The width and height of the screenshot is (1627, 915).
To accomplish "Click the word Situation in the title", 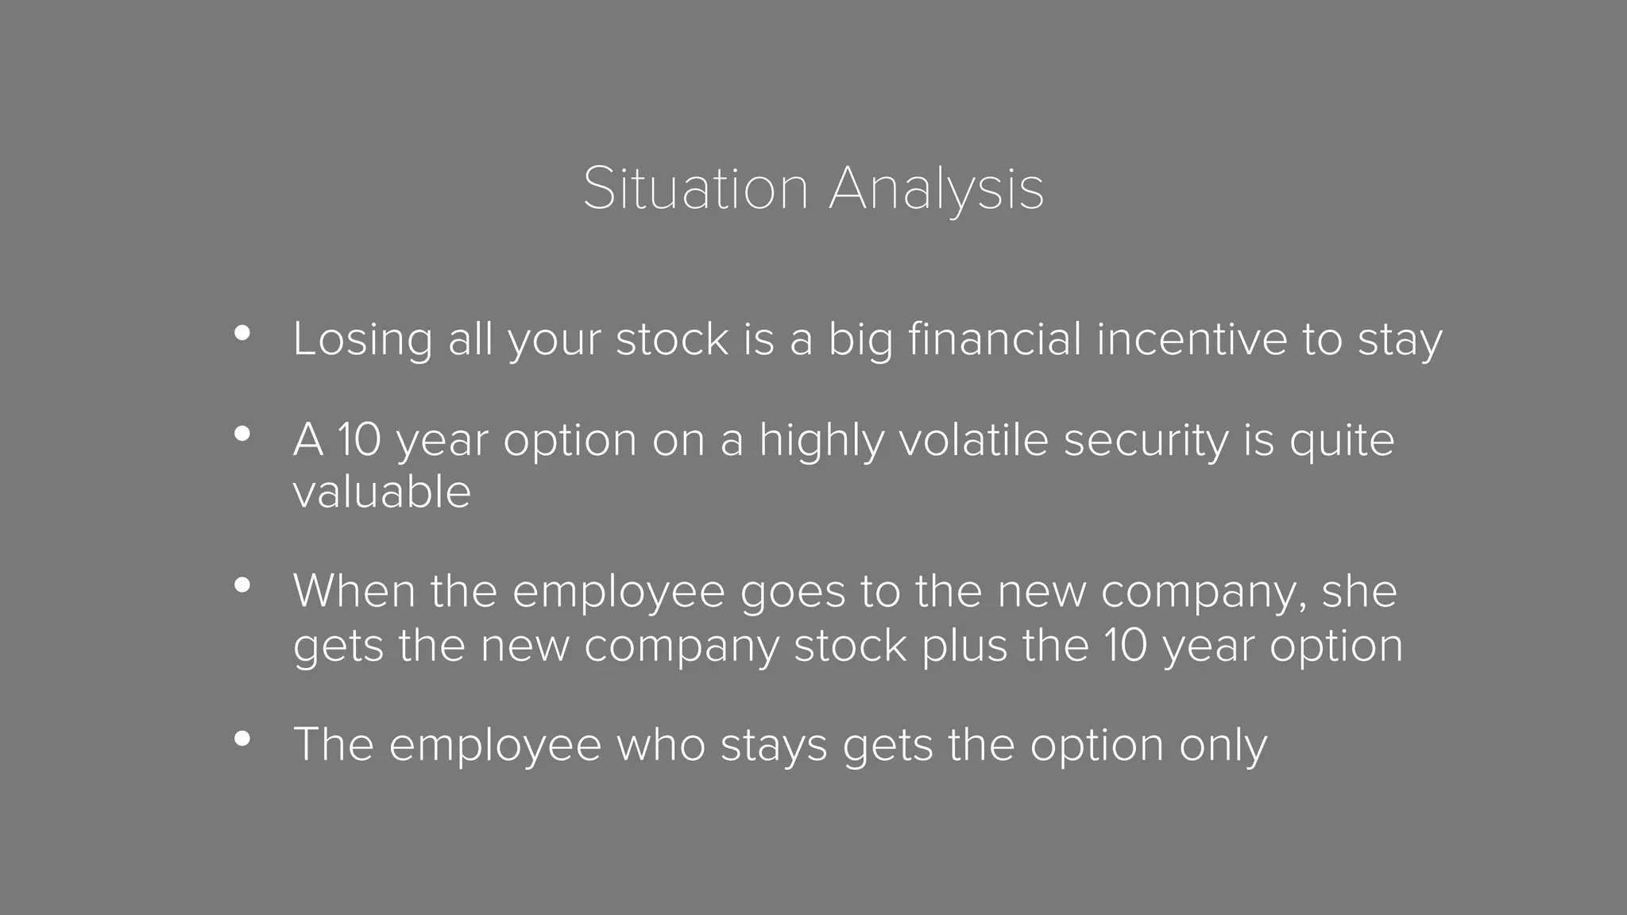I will point(695,189).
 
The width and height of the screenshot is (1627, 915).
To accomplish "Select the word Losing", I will point(362,339).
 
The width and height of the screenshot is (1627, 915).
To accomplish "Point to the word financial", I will point(994,339).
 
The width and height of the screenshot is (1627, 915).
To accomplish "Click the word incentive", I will point(1191,339).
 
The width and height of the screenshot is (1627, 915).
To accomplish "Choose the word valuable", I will point(382,492).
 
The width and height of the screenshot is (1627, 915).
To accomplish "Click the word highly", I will point(821,441).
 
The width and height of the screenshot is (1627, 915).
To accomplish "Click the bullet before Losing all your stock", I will point(242,334).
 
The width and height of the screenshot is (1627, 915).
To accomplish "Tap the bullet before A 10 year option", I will point(242,434).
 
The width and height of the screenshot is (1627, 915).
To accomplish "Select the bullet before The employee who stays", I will point(242,739).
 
